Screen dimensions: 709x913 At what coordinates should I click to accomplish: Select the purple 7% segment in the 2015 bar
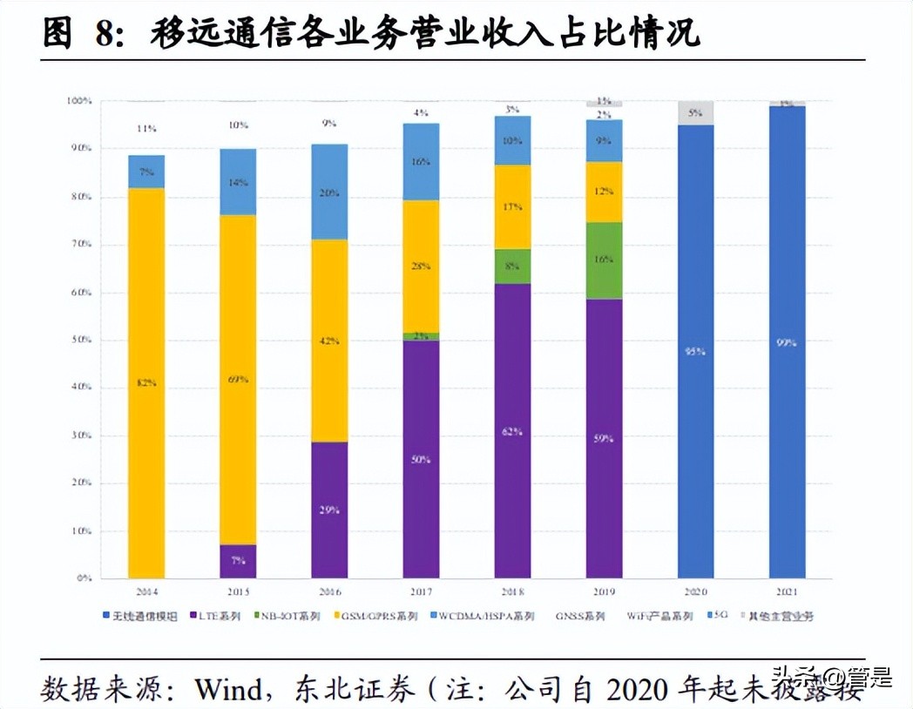coord(237,561)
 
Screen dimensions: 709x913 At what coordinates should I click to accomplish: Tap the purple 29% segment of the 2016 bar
coord(329,510)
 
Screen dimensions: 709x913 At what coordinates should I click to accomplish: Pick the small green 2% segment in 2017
coord(421,336)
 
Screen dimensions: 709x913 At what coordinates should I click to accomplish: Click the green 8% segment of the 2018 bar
coord(512,266)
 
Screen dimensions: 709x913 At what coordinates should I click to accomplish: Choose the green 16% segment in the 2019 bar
coord(604,260)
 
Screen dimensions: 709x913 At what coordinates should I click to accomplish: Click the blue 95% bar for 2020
coord(695,352)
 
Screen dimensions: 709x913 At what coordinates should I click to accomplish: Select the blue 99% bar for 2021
coord(787,342)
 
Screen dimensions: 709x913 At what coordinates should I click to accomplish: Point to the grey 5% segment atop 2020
coord(695,113)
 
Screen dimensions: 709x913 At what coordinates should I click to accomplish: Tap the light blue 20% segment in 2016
coord(329,192)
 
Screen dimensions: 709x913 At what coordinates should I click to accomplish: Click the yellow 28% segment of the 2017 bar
coord(421,266)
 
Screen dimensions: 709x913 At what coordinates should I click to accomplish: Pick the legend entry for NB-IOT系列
coord(287,617)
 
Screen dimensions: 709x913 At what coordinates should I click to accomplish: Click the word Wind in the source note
coord(228,689)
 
